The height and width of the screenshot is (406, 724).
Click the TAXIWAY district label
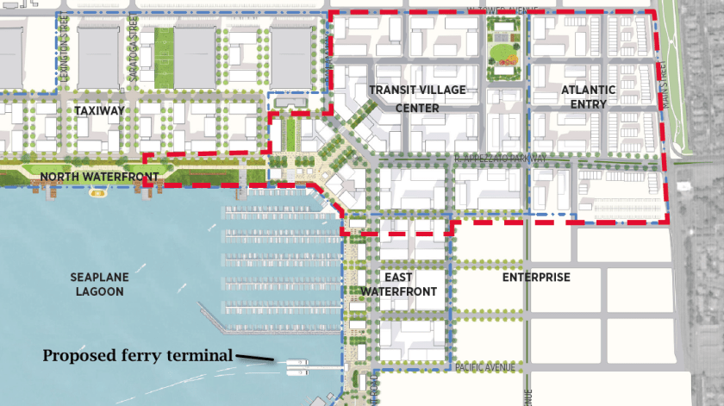(x=100, y=111)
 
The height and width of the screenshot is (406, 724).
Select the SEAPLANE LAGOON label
(x=97, y=284)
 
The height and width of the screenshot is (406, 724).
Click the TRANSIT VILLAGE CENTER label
(x=405, y=99)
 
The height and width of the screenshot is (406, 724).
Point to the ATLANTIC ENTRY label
(x=589, y=97)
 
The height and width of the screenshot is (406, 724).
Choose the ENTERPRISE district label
(x=536, y=278)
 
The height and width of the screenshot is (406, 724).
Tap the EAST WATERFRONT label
(x=398, y=284)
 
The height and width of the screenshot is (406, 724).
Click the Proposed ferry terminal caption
(x=138, y=354)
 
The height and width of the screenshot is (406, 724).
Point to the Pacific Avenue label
(x=485, y=368)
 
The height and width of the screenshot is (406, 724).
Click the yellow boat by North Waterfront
(x=97, y=194)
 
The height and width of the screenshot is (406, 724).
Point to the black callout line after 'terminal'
(x=253, y=357)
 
